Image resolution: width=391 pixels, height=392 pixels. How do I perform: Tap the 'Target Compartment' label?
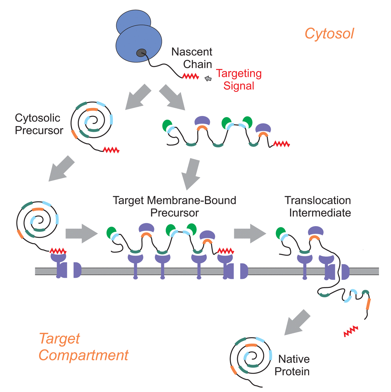83,347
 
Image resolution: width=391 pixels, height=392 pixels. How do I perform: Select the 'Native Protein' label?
294,365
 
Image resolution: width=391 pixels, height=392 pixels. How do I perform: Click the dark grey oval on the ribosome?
141,53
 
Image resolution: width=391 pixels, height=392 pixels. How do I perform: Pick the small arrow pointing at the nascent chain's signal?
209,78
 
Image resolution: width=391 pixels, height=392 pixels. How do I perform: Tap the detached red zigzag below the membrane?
350,331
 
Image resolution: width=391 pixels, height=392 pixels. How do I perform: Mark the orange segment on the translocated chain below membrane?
368,303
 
